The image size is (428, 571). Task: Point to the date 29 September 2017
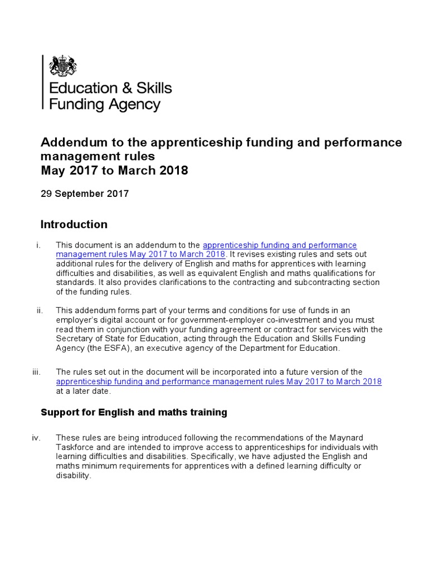[85, 194]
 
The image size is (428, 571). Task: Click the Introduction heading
[74, 225]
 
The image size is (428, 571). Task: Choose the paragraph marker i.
[38, 245]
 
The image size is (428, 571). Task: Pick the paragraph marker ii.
[40, 310]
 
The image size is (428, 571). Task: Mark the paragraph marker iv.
[37, 438]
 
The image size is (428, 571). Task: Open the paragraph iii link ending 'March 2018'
[219, 381]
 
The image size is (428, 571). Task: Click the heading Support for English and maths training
[134, 413]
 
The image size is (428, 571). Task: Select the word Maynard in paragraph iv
[348, 438]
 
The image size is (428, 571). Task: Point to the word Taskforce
[76, 447]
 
